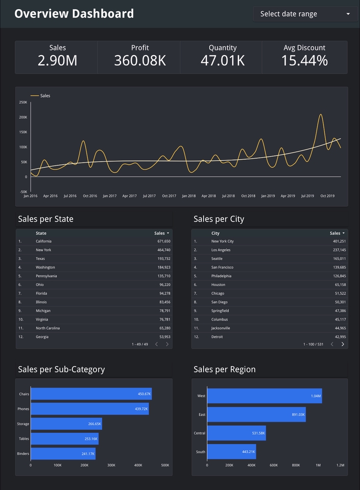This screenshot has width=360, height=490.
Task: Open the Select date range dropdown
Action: click(304, 14)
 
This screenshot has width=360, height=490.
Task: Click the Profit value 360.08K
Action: click(140, 61)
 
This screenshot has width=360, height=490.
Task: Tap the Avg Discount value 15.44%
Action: click(304, 61)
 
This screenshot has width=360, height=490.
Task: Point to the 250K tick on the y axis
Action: click(23, 102)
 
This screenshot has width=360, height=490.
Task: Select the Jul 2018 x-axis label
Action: click(228, 196)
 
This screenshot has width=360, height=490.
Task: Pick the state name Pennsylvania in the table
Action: click(46, 276)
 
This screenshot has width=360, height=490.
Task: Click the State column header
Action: click(41, 233)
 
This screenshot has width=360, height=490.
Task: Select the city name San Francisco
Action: click(223, 267)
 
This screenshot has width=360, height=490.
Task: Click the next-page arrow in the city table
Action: click(343, 345)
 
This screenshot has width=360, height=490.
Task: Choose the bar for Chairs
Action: click(91, 394)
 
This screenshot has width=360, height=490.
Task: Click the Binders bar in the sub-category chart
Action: click(63, 454)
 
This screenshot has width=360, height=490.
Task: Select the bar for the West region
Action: click(264, 396)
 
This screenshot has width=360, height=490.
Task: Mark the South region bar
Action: click(231, 452)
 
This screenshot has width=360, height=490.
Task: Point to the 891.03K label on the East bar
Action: click(298, 414)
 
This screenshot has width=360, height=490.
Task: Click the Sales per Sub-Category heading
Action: click(61, 370)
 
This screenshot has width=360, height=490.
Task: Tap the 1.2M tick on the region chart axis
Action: click(340, 465)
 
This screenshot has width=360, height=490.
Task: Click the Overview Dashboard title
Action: click(74, 14)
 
